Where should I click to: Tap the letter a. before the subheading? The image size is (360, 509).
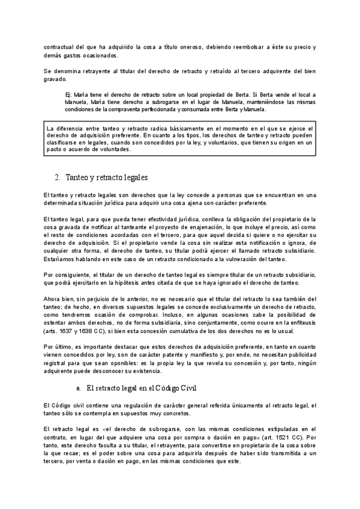click(x=78, y=372)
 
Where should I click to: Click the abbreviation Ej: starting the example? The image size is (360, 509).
click(x=68, y=95)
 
